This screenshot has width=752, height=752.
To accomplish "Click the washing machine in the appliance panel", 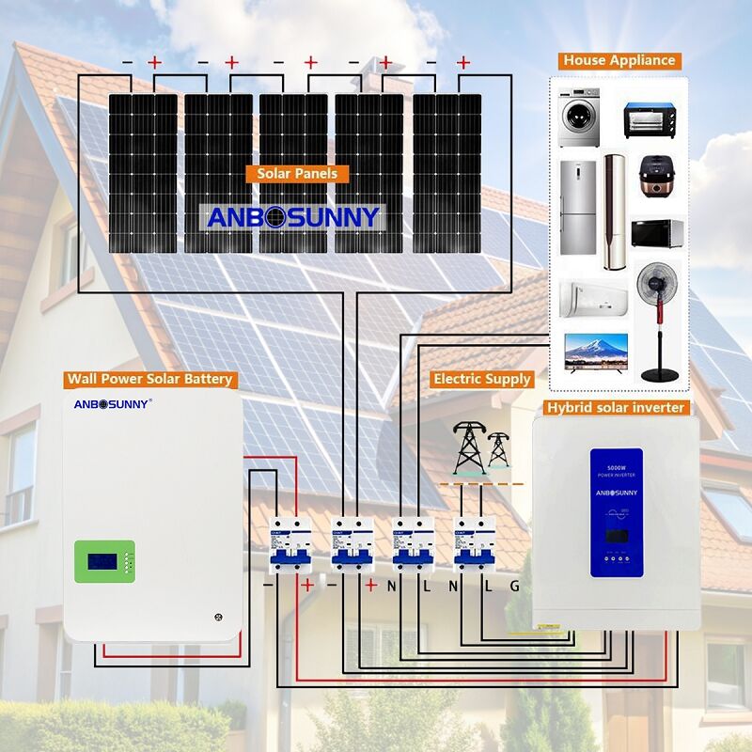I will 578,118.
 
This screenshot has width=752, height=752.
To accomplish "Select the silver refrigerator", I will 577,207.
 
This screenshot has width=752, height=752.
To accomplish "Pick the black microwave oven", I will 655,234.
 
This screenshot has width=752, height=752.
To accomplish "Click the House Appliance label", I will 619,60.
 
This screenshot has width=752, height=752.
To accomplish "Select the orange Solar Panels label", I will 297,174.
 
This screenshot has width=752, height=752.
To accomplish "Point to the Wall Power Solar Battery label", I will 149,380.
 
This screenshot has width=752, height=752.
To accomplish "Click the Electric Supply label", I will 482,380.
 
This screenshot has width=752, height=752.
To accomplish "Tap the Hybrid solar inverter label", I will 616,408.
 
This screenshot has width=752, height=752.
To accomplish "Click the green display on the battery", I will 102,560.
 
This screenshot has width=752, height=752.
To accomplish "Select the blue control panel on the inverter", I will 616,511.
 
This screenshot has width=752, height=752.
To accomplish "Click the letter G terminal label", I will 514,586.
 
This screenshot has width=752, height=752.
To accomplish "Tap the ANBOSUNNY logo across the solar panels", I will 293,217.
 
